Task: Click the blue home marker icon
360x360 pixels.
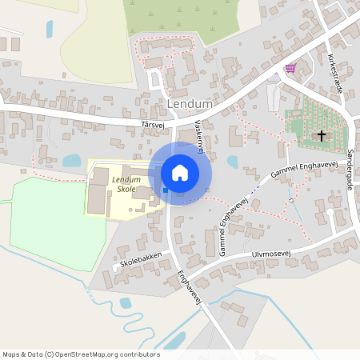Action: [x=179, y=173]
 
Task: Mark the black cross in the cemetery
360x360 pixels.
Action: [x=322, y=136]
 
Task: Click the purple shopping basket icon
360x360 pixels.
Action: [x=290, y=68]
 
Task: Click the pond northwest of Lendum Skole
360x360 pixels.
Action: [x=71, y=161]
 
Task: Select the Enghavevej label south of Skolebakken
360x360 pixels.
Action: [x=186, y=286]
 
